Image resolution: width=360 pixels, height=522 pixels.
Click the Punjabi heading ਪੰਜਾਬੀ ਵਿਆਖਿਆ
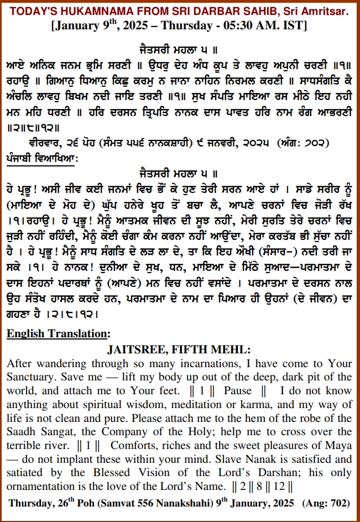[x=42, y=156]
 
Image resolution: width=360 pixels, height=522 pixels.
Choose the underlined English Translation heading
[x=58, y=333]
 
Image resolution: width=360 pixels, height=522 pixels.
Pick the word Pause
[x=237, y=390]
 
